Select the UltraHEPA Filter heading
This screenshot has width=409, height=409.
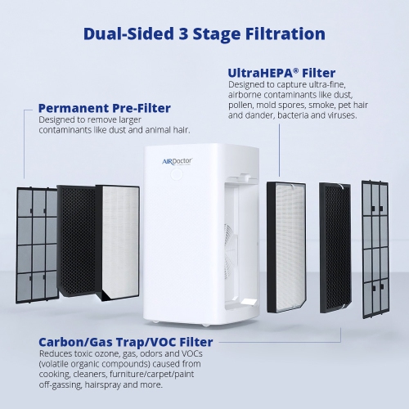coord(281,73)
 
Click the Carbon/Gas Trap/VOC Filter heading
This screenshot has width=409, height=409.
coord(126,341)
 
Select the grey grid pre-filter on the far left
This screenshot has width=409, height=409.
coord(38,242)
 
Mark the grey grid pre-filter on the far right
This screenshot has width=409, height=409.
coord(379,246)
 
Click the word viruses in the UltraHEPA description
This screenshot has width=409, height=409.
coord(339,115)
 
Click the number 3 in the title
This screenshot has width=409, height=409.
coord(186,34)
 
